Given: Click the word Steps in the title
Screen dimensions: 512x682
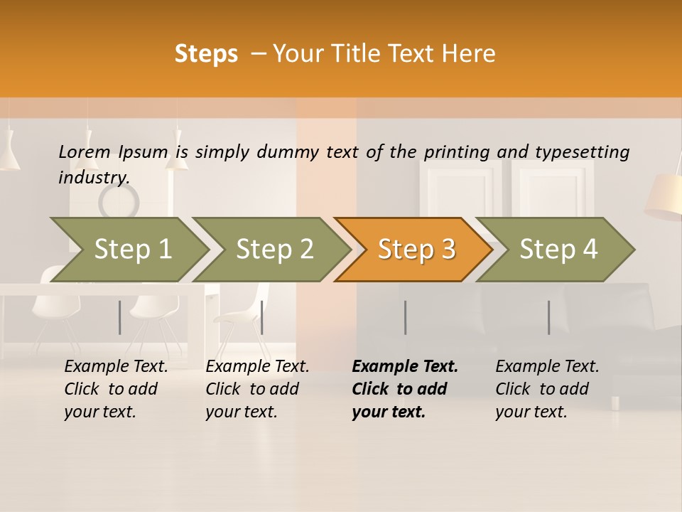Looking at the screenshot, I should [206, 54].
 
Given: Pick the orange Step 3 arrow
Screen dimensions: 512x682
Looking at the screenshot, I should [416, 250].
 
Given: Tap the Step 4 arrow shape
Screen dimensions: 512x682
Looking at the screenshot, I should [558, 250].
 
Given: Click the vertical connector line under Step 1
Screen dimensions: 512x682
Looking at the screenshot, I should [120, 317].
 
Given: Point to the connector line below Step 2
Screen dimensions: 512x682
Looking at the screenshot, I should [262, 317].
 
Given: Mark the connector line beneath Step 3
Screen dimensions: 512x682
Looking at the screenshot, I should [405, 317].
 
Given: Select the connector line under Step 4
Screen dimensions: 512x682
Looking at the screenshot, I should [548, 317].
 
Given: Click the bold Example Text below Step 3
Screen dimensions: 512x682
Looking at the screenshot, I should [405, 389].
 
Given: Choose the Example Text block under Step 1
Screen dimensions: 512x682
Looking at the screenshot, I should [116, 389].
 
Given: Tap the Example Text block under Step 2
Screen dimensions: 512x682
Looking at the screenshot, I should [257, 389].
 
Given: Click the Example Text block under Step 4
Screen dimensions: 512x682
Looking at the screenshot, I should [547, 389].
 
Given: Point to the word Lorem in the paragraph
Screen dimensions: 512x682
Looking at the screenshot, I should [84, 151].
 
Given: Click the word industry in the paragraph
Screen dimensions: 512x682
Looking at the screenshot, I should [93, 178].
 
